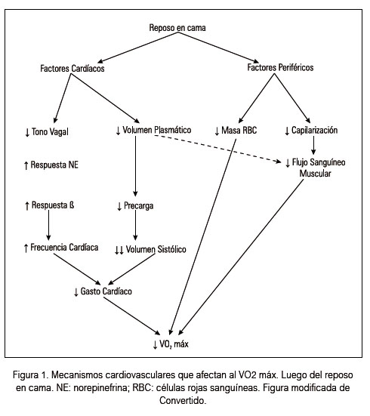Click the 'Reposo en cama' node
177,28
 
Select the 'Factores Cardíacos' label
72,69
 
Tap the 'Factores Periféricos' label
280,67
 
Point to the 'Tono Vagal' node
47,132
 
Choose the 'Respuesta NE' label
51,165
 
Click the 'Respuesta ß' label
49,205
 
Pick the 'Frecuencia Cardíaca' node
61,248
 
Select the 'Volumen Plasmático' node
153,130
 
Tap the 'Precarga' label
135,206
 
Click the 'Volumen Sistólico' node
150,249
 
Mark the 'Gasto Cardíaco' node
103,291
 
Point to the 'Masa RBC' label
236,131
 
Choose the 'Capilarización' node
311,131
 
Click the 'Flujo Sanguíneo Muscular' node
316,168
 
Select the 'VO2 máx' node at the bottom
171,344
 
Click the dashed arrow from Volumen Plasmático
217,148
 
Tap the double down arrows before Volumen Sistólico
119,250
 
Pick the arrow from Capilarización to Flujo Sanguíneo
313,145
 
